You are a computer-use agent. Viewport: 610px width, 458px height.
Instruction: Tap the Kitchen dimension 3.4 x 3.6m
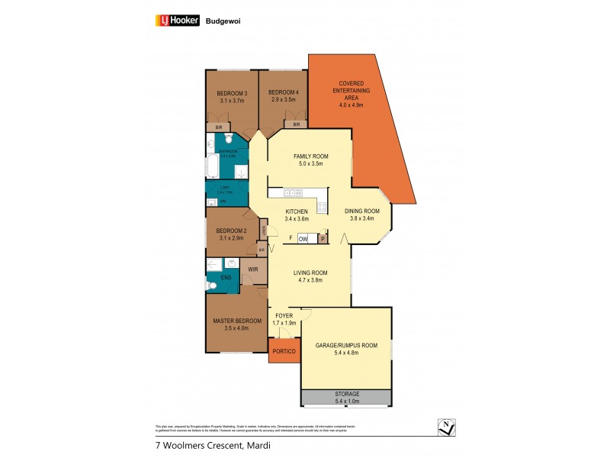(x=297, y=218)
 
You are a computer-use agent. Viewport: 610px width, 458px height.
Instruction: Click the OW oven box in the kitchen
(x=303, y=239)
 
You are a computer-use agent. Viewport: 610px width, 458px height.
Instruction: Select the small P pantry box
(x=323, y=239)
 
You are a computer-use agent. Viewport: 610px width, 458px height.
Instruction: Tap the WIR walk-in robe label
(x=252, y=269)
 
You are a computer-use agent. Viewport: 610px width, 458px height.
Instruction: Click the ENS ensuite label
(x=226, y=278)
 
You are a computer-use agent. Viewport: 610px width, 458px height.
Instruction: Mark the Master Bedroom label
(x=237, y=321)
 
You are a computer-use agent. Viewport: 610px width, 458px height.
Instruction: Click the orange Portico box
(x=284, y=351)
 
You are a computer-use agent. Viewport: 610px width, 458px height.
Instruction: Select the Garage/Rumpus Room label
(x=346, y=346)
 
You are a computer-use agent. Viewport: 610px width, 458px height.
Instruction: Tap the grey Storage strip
(x=346, y=397)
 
